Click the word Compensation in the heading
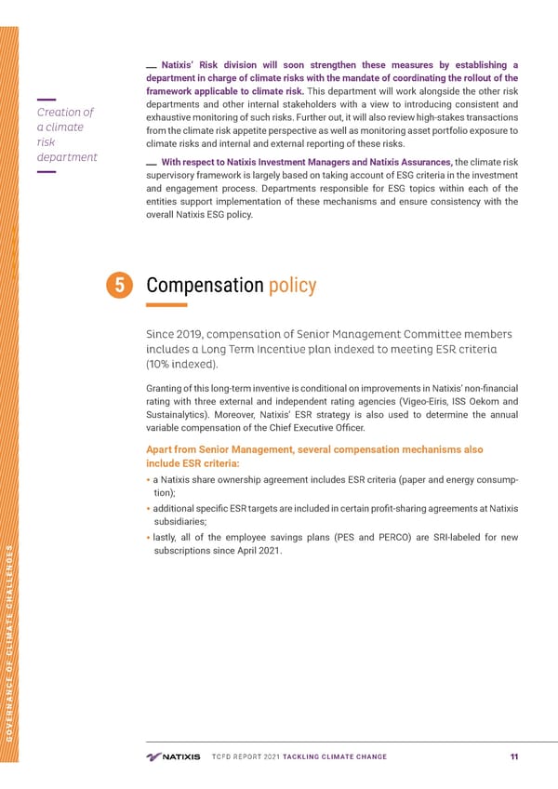205,286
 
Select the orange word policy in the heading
291,286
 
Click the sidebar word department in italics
66,157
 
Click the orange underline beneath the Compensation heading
167,304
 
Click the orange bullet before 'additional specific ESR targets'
149,507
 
